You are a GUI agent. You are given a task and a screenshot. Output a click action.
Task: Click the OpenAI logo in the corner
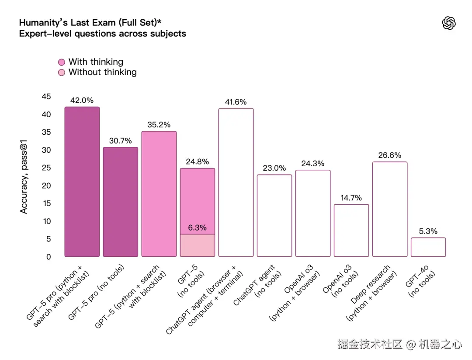(x=449, y=23)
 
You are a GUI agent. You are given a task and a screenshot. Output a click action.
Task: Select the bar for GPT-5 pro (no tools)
(x=120, y=202)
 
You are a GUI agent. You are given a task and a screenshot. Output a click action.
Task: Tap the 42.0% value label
(x=82, y=100)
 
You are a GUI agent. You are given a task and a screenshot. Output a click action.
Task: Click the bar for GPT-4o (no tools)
(x=428, y=247)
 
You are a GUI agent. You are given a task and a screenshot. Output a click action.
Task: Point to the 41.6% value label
(x=236, y=102)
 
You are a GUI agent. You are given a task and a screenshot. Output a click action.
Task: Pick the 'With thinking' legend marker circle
(x=62, y=62)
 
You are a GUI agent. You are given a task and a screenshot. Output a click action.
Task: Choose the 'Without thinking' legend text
(x=102, y=72)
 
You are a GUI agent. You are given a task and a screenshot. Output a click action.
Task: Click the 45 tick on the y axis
(x=46, y=97)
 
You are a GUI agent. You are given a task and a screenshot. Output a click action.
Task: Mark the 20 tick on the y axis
(x=46, y=186)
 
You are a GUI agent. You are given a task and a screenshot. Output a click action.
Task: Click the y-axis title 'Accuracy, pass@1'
(x=24, y=176)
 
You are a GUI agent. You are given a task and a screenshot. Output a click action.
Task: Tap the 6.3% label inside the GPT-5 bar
(x=197, y=228)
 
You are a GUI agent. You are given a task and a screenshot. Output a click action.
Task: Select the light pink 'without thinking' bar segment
(x=197, y=245)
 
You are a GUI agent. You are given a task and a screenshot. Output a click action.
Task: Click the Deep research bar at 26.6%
(x=389, y=209)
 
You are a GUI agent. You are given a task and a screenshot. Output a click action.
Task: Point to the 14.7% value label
(x=351, y=198)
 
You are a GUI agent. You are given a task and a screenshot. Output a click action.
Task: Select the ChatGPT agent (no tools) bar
(x=274, y=215)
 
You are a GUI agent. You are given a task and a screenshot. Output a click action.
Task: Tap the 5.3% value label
(x=428, y=231)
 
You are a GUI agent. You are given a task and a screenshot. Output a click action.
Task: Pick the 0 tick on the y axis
(x=49, y=257)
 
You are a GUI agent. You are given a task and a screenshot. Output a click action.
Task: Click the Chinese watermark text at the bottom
(x=399, y=344)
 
